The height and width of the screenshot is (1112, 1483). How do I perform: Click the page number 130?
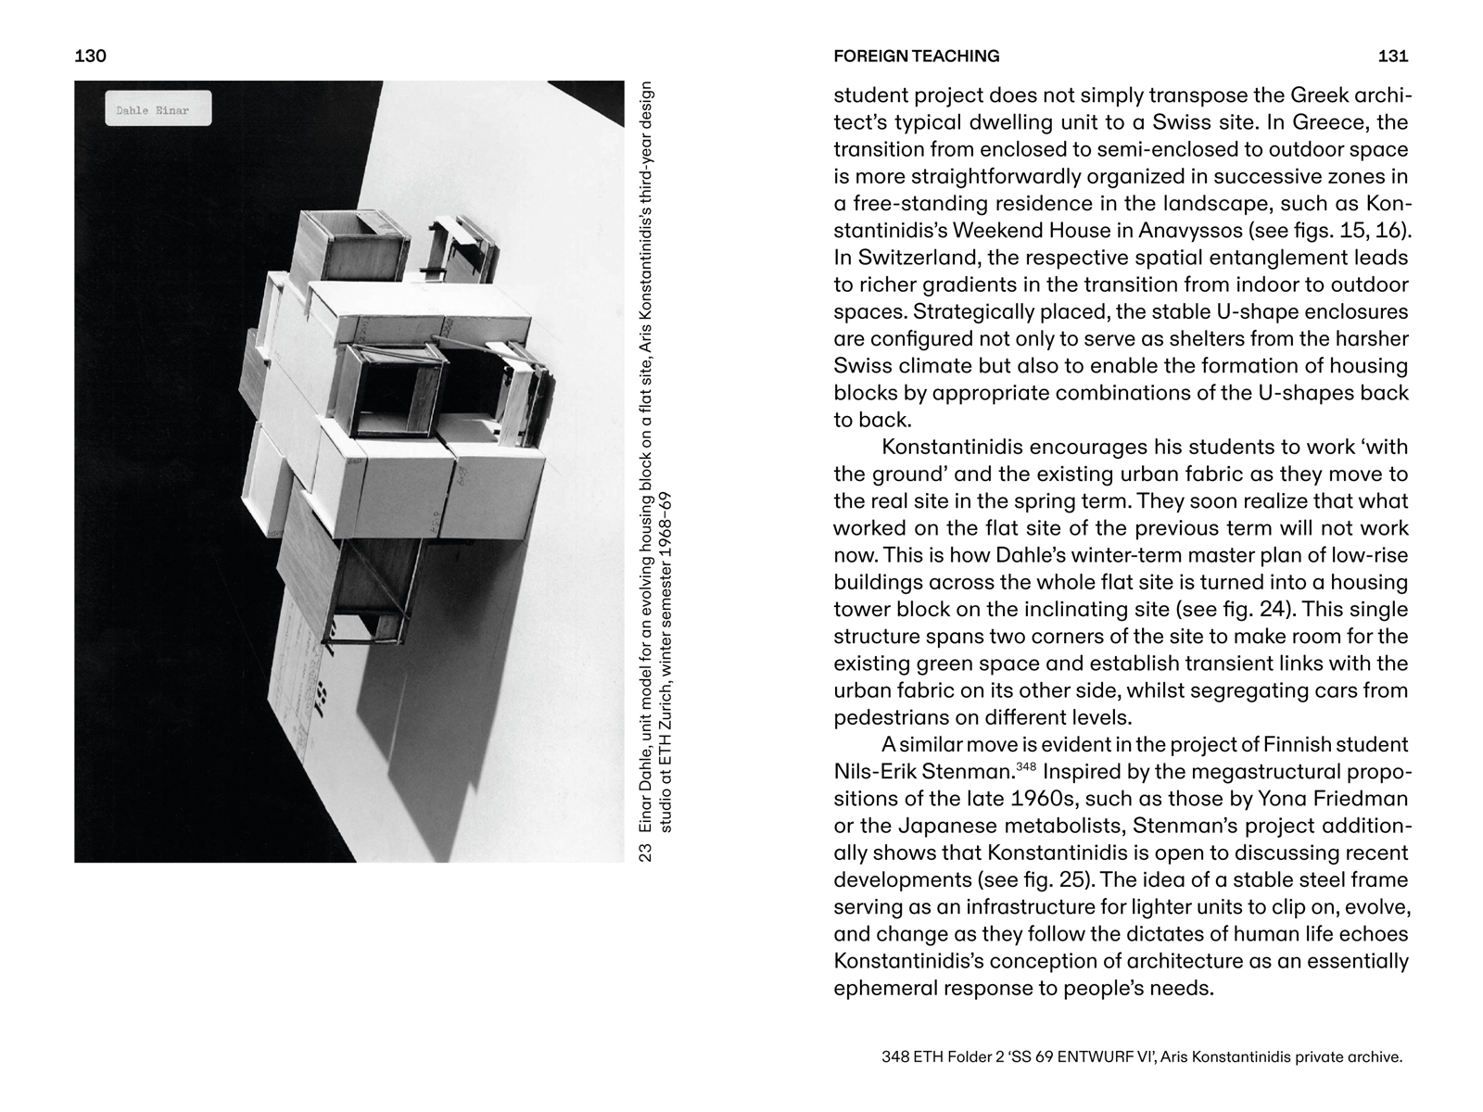[90, 56]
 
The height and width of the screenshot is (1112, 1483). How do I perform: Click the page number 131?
[1393, 56]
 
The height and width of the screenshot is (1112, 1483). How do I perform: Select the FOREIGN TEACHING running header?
[916, 56]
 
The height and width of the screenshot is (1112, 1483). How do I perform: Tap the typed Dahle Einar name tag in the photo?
[158, 109]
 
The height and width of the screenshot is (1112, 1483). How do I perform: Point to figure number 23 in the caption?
[646, 851]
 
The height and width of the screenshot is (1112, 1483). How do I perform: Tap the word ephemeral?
[882, 988]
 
